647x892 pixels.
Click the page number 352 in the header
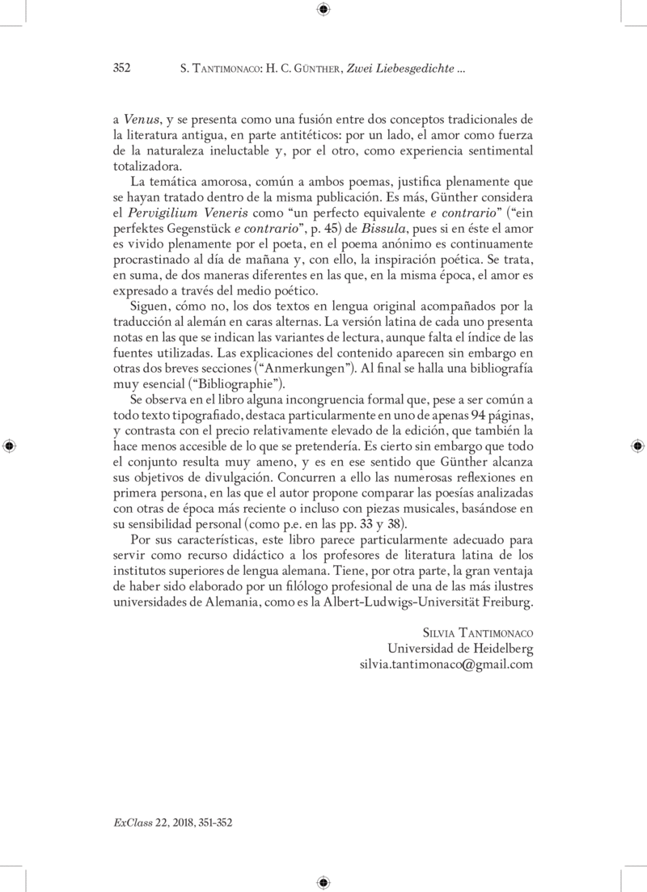tap(121, 69)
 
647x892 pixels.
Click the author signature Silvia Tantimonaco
tap(478, 633)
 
